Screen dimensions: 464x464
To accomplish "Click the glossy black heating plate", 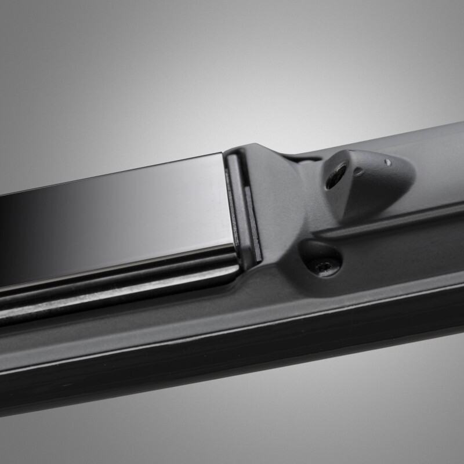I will click(116, 220).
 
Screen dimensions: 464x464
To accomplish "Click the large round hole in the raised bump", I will click(336, 175).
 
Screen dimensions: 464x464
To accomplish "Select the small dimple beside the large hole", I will click(359, 172).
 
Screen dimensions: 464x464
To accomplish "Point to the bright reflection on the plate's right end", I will click(203, 197).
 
